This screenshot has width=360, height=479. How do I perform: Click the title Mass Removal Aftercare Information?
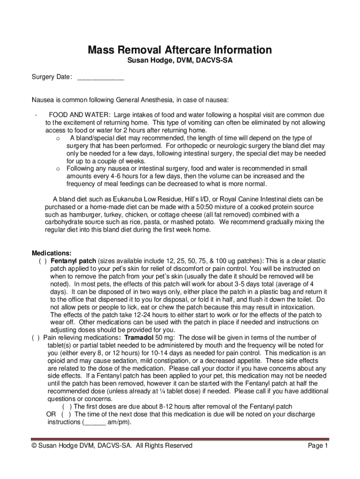[x=180, y=50]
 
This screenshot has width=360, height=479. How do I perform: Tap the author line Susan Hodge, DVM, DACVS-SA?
[x=180, y=61]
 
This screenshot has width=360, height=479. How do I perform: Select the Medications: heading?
[x=51, y=253]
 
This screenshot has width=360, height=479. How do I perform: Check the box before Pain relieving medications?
[x=36, y=338]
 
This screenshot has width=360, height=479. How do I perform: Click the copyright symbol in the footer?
[x=34, y=446]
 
